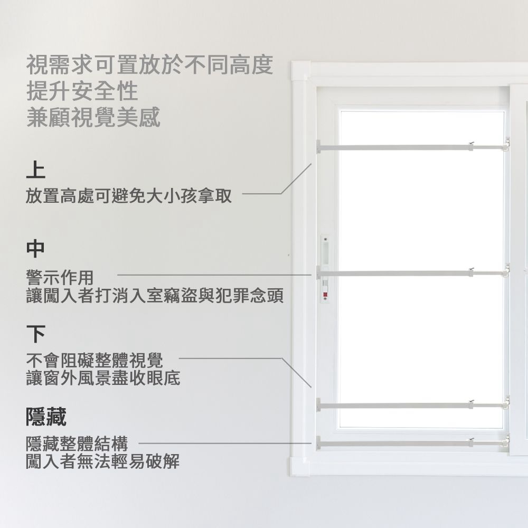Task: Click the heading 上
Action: (x=36, y=170)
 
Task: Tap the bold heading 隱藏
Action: (x=46, y=417)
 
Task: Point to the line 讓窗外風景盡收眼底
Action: (x=103, y=378)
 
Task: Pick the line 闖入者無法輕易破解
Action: (x=103, y=462)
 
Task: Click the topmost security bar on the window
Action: (x=396, y=146)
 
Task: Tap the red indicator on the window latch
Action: (x=325, y=294)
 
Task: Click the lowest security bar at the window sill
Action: (x=396, y=442)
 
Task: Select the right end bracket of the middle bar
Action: (x=506, y=271)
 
